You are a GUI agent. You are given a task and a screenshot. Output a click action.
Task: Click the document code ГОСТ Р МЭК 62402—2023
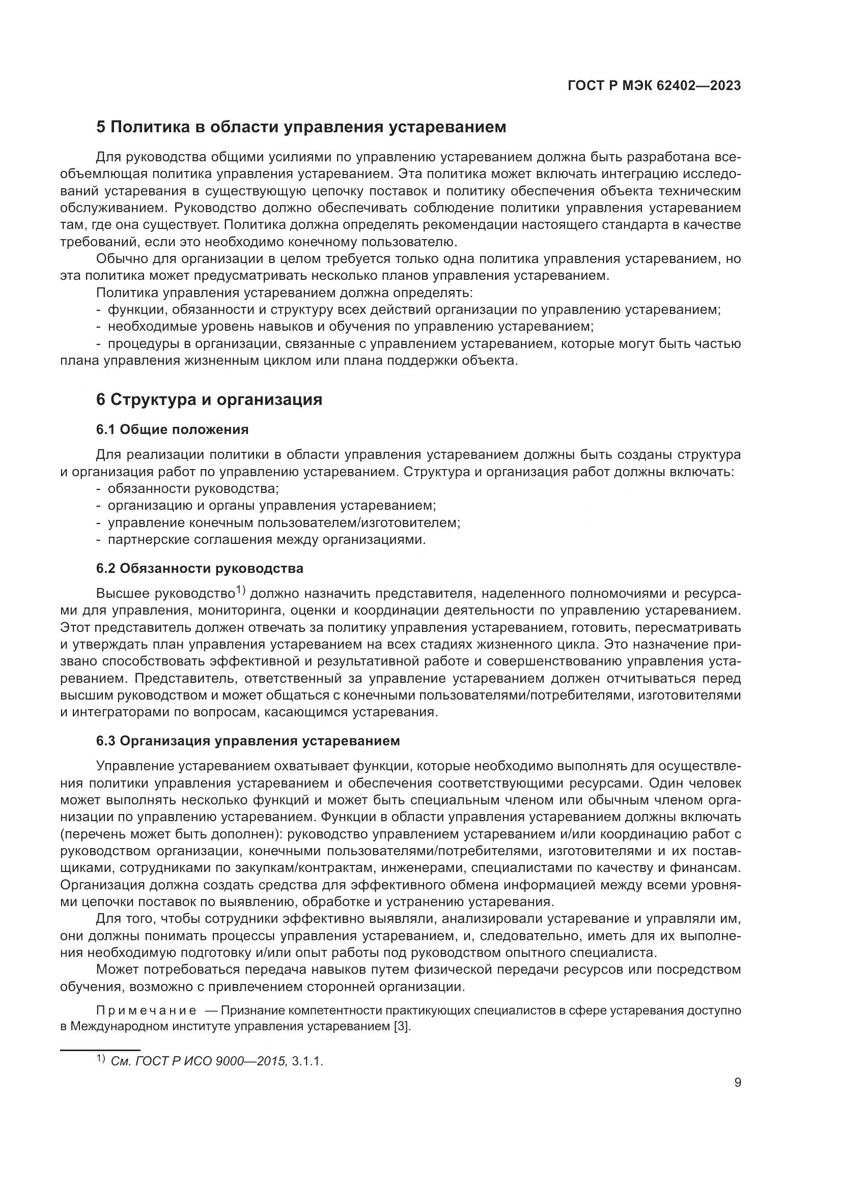[654, 85]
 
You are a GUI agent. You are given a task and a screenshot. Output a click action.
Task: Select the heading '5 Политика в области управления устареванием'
[301, 127]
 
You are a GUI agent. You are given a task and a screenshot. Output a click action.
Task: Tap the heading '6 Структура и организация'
[209, 399]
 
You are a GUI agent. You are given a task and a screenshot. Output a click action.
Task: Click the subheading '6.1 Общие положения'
[172, 429]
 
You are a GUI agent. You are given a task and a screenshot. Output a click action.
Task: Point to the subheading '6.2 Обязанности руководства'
[200, 568]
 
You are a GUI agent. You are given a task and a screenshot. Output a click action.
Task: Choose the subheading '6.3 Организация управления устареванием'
[248, 741]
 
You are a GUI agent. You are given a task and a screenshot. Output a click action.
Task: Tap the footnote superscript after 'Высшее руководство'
[241, 589]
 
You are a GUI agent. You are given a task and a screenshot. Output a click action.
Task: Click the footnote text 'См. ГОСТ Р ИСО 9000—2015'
[199, 1061]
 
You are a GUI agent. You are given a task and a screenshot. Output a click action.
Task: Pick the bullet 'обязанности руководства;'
[193, 488]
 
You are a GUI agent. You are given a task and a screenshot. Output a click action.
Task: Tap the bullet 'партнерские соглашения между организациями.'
[266, 539]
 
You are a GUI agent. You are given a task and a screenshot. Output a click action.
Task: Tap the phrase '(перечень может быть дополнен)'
[171, 834]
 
